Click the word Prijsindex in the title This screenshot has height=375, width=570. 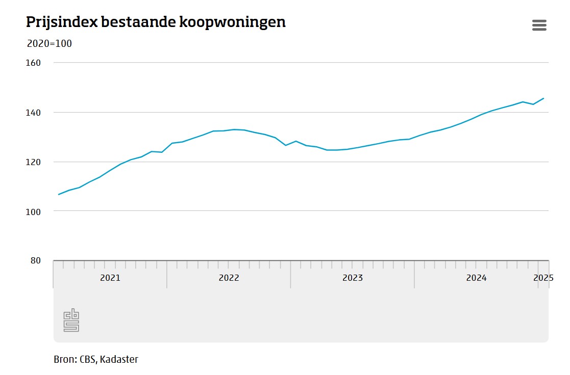pyautogui.click(x=62, y=23)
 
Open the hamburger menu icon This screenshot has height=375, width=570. pyautogui.click(x=539, y=25)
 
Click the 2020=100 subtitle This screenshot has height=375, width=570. pyautogui.click(x=49, y=44)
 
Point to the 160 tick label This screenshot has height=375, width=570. pyautogui.click(x=33, y=63)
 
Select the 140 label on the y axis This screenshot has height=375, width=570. pyautogui.click(x=33, y=112)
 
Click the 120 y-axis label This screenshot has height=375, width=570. pyautogui.click(x=33, y=162)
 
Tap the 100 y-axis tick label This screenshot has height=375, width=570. pyautogui.click(x=33, y=211)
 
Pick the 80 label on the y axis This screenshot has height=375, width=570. pyautogui.click(x=35, y=260)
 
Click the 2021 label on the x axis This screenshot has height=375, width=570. pyautogui.click(x=110, y=278)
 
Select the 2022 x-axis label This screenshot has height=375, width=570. pyautogui.click(x=229, y=278)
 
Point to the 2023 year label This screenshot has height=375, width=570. pyautogui.click(x=353, y=278)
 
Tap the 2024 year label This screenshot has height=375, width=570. pyautogui.click(x=476, y=278)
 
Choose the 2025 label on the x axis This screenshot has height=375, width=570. pyautogui.click(x=543, y=278)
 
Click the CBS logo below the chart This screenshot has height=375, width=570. pyautogui.click(x=71, y=320)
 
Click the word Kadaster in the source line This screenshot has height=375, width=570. pyautogui.click(x=119, y=359)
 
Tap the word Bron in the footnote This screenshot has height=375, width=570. pyautogui.click(x=65, y=359)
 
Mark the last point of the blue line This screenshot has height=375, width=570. pyautogui.click(x=543, y=98)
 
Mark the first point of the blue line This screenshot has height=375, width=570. pyautogui.click(x=59, y=194)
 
